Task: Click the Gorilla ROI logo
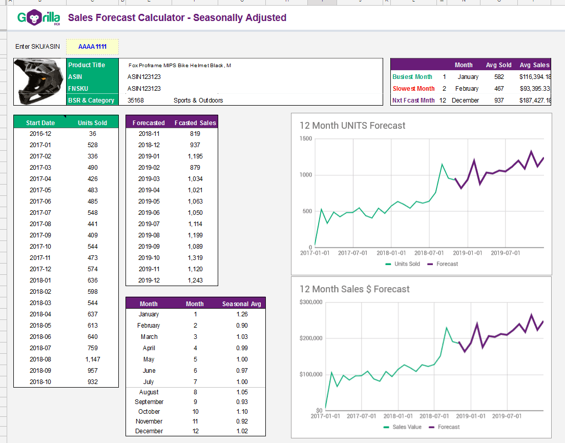coord(38,18)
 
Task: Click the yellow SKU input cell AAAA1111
coord(92,47)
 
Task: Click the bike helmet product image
coord(40,82)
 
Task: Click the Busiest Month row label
coord(412,77)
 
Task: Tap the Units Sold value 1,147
coord(93,359)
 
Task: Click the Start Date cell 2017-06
coord(40,202)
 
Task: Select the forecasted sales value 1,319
coord(195,258)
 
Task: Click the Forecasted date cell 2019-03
coord(149,179)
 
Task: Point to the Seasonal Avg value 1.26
coord(242,314)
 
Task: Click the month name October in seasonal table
coord(149,412)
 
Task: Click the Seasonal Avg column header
coord(242,304)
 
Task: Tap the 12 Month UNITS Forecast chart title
coord(352,126)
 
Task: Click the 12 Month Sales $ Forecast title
coord(354,289)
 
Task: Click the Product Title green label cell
coord(87,65)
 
